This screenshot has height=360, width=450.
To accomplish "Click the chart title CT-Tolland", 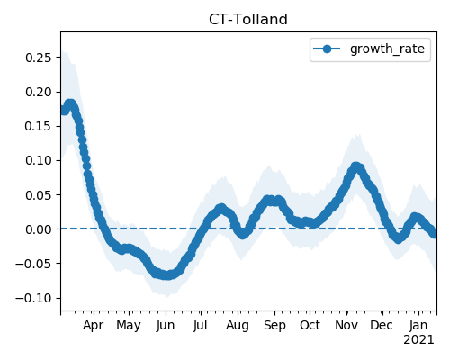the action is pyautogui.click(x=248, y=20).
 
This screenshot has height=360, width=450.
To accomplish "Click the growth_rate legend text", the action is pyautogui.click(x=387, y=49).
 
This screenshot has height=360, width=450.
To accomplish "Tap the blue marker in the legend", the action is pyautogui.click(x=327, y=49).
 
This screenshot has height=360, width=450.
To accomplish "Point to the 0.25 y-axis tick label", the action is pyautogui.click(x=39, y=58).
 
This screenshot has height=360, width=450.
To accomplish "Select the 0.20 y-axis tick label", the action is pyautogui.click(x=39, y=92).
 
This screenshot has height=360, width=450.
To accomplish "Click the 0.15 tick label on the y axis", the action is pyautogui.click(x=39, y=126).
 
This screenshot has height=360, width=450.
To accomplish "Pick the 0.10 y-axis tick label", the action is pyautogui.click(x=39, y=160).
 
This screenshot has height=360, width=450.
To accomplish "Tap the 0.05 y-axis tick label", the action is pyautogui.click(x=39, y=195).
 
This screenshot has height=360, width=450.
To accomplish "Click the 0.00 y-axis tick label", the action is pyautogui.click(x=39, y=229).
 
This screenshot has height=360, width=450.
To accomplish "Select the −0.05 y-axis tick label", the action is pyautogui.click(x=33, y=264).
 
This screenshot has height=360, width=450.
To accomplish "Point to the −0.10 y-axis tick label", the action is pyautogui.click(x=33, y=298).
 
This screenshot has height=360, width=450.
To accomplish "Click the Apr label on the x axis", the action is pyautogui.click(x=94, y=326).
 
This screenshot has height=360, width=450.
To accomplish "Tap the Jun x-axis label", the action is pyautogui.click(x=166, y=326).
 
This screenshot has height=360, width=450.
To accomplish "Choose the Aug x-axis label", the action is pyautogui.click(x=238, y=326).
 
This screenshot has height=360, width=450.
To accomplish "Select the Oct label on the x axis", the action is pyautogui.click(x=310, y=325).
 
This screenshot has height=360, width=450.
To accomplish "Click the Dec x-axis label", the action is pyautogui.click(x=382, y=325).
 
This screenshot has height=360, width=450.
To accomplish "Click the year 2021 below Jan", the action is pyautogui.click(x=418, y=340).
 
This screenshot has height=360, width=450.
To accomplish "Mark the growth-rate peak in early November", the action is pyautogui.click(x=355, y=166).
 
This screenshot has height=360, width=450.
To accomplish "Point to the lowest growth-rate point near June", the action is pyautogui.click(x=166, y=275).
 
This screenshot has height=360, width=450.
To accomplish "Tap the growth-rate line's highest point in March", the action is pyautogui.click(x=70, y=103).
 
